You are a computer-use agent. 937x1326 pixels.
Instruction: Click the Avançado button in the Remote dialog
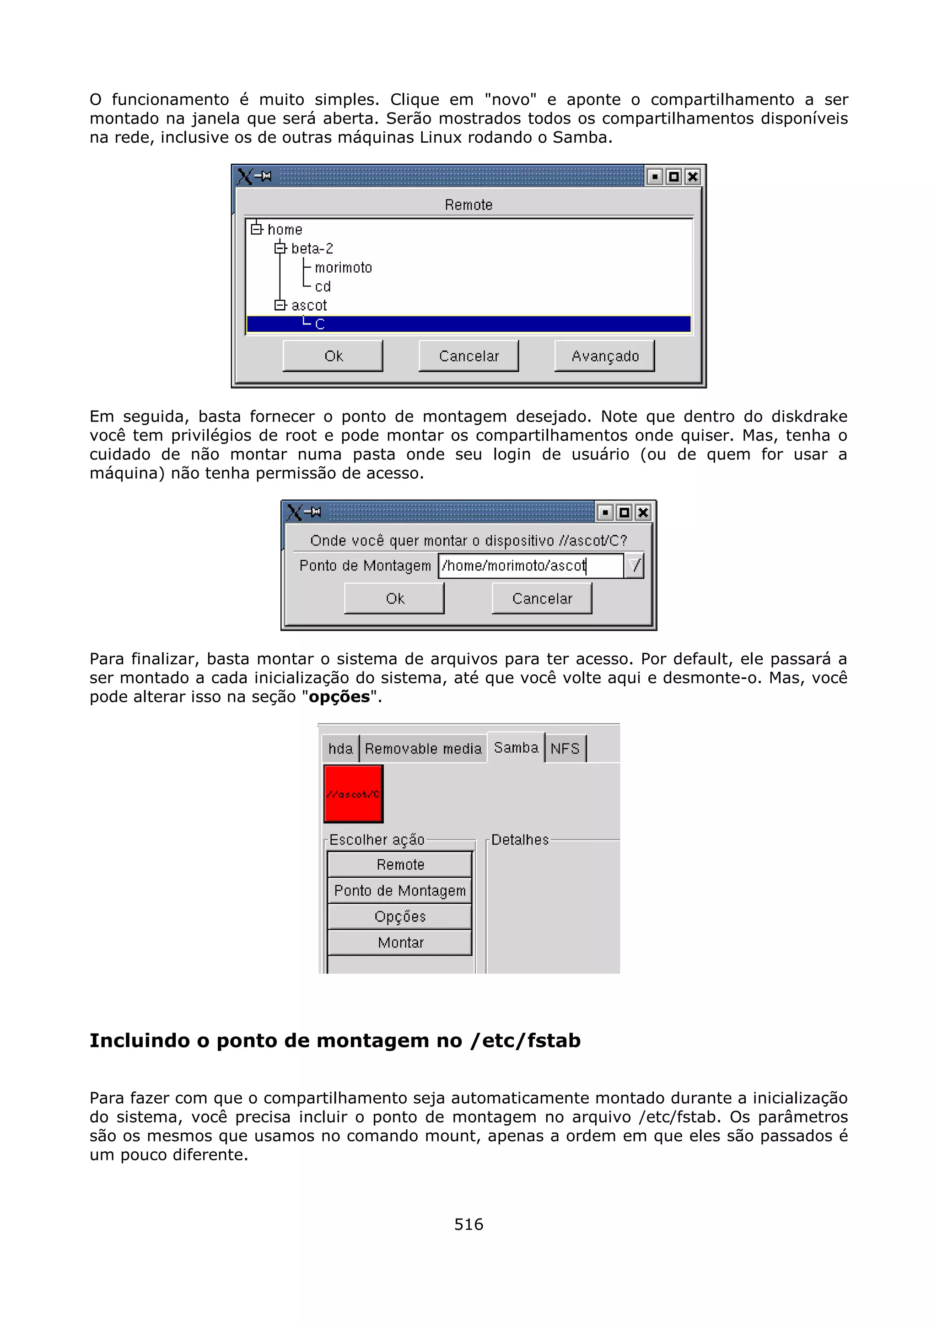tap(604, 356)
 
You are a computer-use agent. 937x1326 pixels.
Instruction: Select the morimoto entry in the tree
tap(343, 267)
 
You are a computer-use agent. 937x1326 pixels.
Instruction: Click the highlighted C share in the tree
tap(320, 324)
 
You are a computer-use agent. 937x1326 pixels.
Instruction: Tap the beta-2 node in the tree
tap(312, 248)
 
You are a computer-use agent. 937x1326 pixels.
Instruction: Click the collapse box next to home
tap(256, 229)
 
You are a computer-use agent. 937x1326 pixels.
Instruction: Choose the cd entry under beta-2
tap(322, 286)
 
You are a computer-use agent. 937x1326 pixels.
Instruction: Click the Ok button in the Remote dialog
tap(333, 356)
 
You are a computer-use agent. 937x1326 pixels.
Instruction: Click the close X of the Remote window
tap(692, 176)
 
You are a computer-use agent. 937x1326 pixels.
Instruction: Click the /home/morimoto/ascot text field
tap(530, 566)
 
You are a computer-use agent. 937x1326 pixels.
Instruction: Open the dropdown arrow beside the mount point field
tap(635, 566)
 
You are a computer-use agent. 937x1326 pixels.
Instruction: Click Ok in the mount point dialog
tap(394, 598)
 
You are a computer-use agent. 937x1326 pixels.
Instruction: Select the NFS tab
tap(565, 749)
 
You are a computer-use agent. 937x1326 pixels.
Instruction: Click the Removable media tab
tap(423, 749)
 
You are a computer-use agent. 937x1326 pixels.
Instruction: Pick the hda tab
tap(340, 749)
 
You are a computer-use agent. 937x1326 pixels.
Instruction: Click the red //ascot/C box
tap(353, 793)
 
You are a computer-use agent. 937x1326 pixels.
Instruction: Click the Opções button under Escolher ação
tap(399, 916)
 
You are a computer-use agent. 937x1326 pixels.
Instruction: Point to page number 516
tap(468, 1224)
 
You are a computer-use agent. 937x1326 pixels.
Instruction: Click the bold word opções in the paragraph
tap(339, 696)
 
